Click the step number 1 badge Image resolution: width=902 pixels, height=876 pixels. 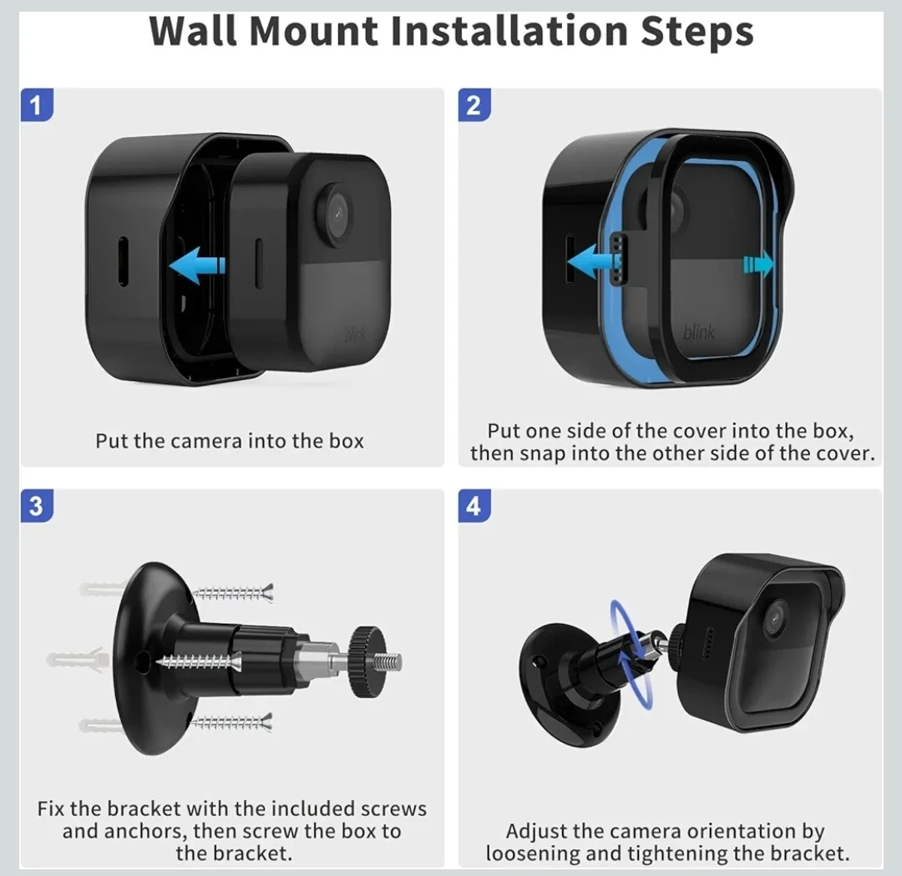pos(37,104)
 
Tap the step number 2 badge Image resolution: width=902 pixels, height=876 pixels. pos(474,104)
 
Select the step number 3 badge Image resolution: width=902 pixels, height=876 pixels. pos(37,505)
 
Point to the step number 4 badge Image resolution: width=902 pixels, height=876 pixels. pos(474,505)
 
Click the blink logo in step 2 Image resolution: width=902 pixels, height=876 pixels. pos(700,332)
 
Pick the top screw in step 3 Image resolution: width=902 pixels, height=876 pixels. pos(232,592)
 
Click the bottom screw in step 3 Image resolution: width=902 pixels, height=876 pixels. pos(231,722)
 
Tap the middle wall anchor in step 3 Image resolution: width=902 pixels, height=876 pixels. pos(79,660)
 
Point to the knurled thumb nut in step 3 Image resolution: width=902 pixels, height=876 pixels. pos(367,661)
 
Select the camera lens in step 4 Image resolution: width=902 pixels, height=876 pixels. pos(775,619)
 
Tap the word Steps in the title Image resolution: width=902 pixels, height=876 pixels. pos(697,33)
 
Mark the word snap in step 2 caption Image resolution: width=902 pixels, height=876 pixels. pos(543,453)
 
